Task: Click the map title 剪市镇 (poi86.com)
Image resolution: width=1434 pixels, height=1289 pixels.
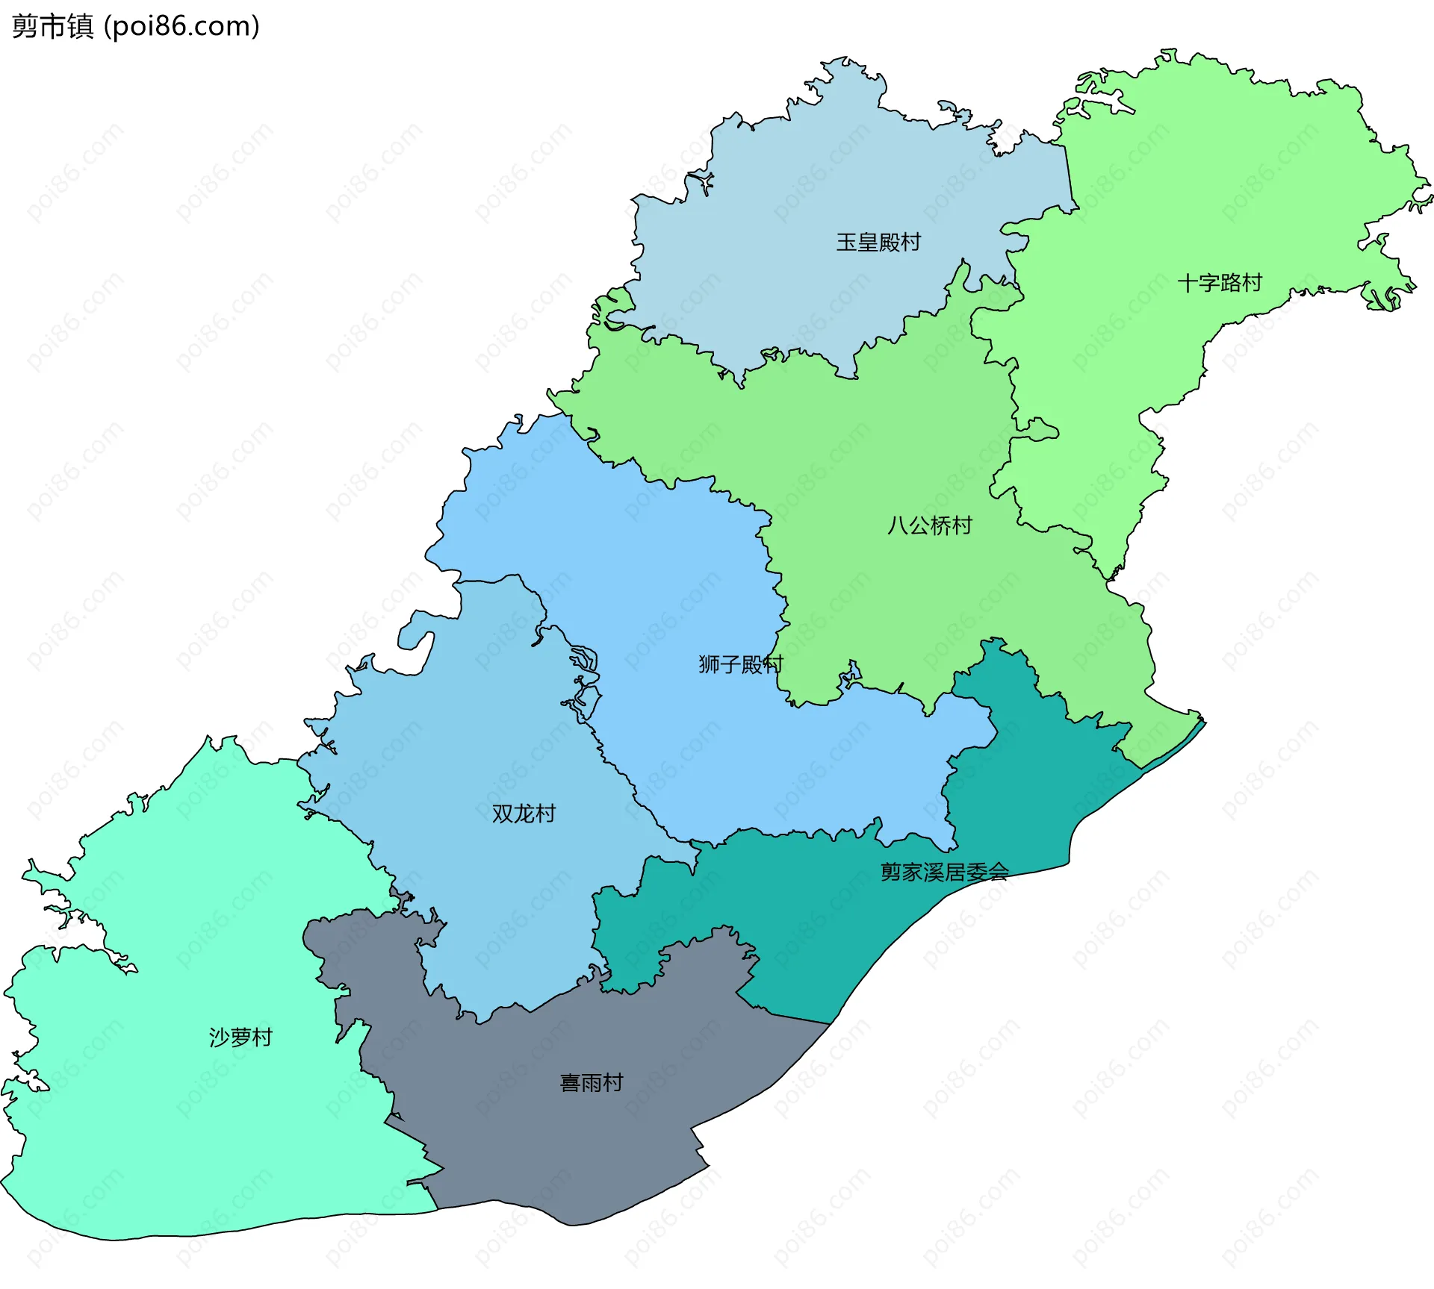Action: [x=135, y=26]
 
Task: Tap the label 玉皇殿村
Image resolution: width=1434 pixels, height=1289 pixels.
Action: [x=878, y=243]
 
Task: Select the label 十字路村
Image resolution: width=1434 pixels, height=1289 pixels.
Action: [x=1220, y=283]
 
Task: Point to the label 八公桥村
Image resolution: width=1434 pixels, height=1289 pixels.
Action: [x=930, y=525]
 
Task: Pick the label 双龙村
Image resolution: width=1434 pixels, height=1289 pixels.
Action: [x=524, y=813]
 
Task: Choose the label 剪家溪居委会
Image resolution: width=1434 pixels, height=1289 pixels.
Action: [x=944, y=872]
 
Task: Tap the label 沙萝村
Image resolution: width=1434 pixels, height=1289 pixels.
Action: [x=240, y=1037]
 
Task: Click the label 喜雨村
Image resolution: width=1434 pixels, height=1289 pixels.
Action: [x=592, y=1082]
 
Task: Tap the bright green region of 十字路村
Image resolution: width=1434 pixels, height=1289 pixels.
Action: [x=1232, y=187]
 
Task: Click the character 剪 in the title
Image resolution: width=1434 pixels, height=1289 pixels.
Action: [x=25, y=26]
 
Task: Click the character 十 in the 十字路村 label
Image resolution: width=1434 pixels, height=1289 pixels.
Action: [x=1188, y=283]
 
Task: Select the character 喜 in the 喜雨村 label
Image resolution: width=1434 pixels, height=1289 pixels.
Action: [x=571, y=1082]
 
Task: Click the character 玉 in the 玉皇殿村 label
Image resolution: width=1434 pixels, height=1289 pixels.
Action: [x=846, y=243]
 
